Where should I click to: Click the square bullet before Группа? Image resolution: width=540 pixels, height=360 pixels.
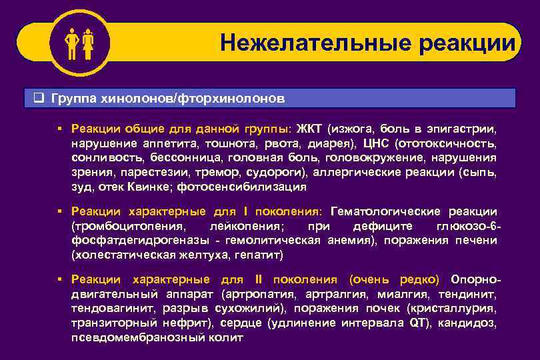click(39, 99)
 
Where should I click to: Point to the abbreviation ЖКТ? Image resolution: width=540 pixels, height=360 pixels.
click(308, 128)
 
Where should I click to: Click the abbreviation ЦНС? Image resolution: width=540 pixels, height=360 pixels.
click(377, 143)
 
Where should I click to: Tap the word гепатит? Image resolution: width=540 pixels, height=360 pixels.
click(263, 255)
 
